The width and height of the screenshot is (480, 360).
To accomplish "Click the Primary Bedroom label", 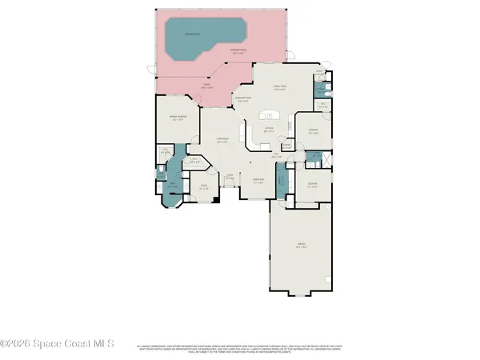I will pyautogui.click(x=177, y=118).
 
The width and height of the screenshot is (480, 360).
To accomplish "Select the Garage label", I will pyautogui.click(x=301, y=247).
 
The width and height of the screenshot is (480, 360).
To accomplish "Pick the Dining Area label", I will pyautogui.click(x=258, y=181).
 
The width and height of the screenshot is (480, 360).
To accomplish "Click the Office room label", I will pyautogui.click(x=203, y=190).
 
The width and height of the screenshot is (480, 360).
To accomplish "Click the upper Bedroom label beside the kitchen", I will pyautogui.click(x=314, y=132).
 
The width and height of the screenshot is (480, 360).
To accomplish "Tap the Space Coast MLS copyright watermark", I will pyautogui.click(x=58, y=345).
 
